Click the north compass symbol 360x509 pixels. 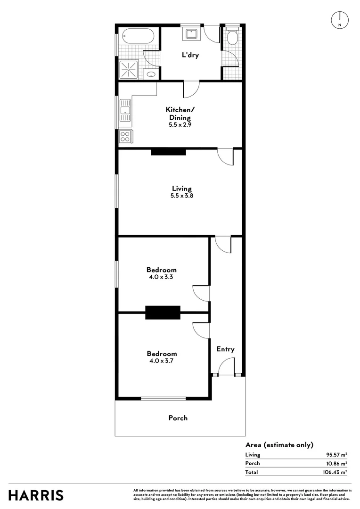339,19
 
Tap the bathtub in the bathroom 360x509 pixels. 137,35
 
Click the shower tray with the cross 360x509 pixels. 128,71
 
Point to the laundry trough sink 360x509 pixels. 192,33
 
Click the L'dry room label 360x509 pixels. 190,55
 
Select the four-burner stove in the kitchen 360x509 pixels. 125,137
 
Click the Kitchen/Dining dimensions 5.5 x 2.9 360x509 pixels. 180,125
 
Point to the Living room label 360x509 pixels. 181,189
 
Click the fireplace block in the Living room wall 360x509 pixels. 168,152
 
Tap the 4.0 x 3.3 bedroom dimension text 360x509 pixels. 162,277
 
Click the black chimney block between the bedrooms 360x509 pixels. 163,312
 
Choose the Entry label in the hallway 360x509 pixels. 225,349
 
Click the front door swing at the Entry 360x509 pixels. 227,367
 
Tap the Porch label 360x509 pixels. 178,418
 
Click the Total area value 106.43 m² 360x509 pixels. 337,472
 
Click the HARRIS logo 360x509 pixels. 36,495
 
